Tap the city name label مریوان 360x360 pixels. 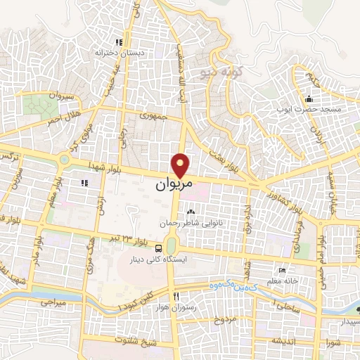[172, 186]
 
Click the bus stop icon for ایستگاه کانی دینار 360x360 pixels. [160, 247]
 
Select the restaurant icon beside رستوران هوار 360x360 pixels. [176, 295]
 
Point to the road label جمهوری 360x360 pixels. [153, 115]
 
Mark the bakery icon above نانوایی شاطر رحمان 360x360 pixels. [191, 211]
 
